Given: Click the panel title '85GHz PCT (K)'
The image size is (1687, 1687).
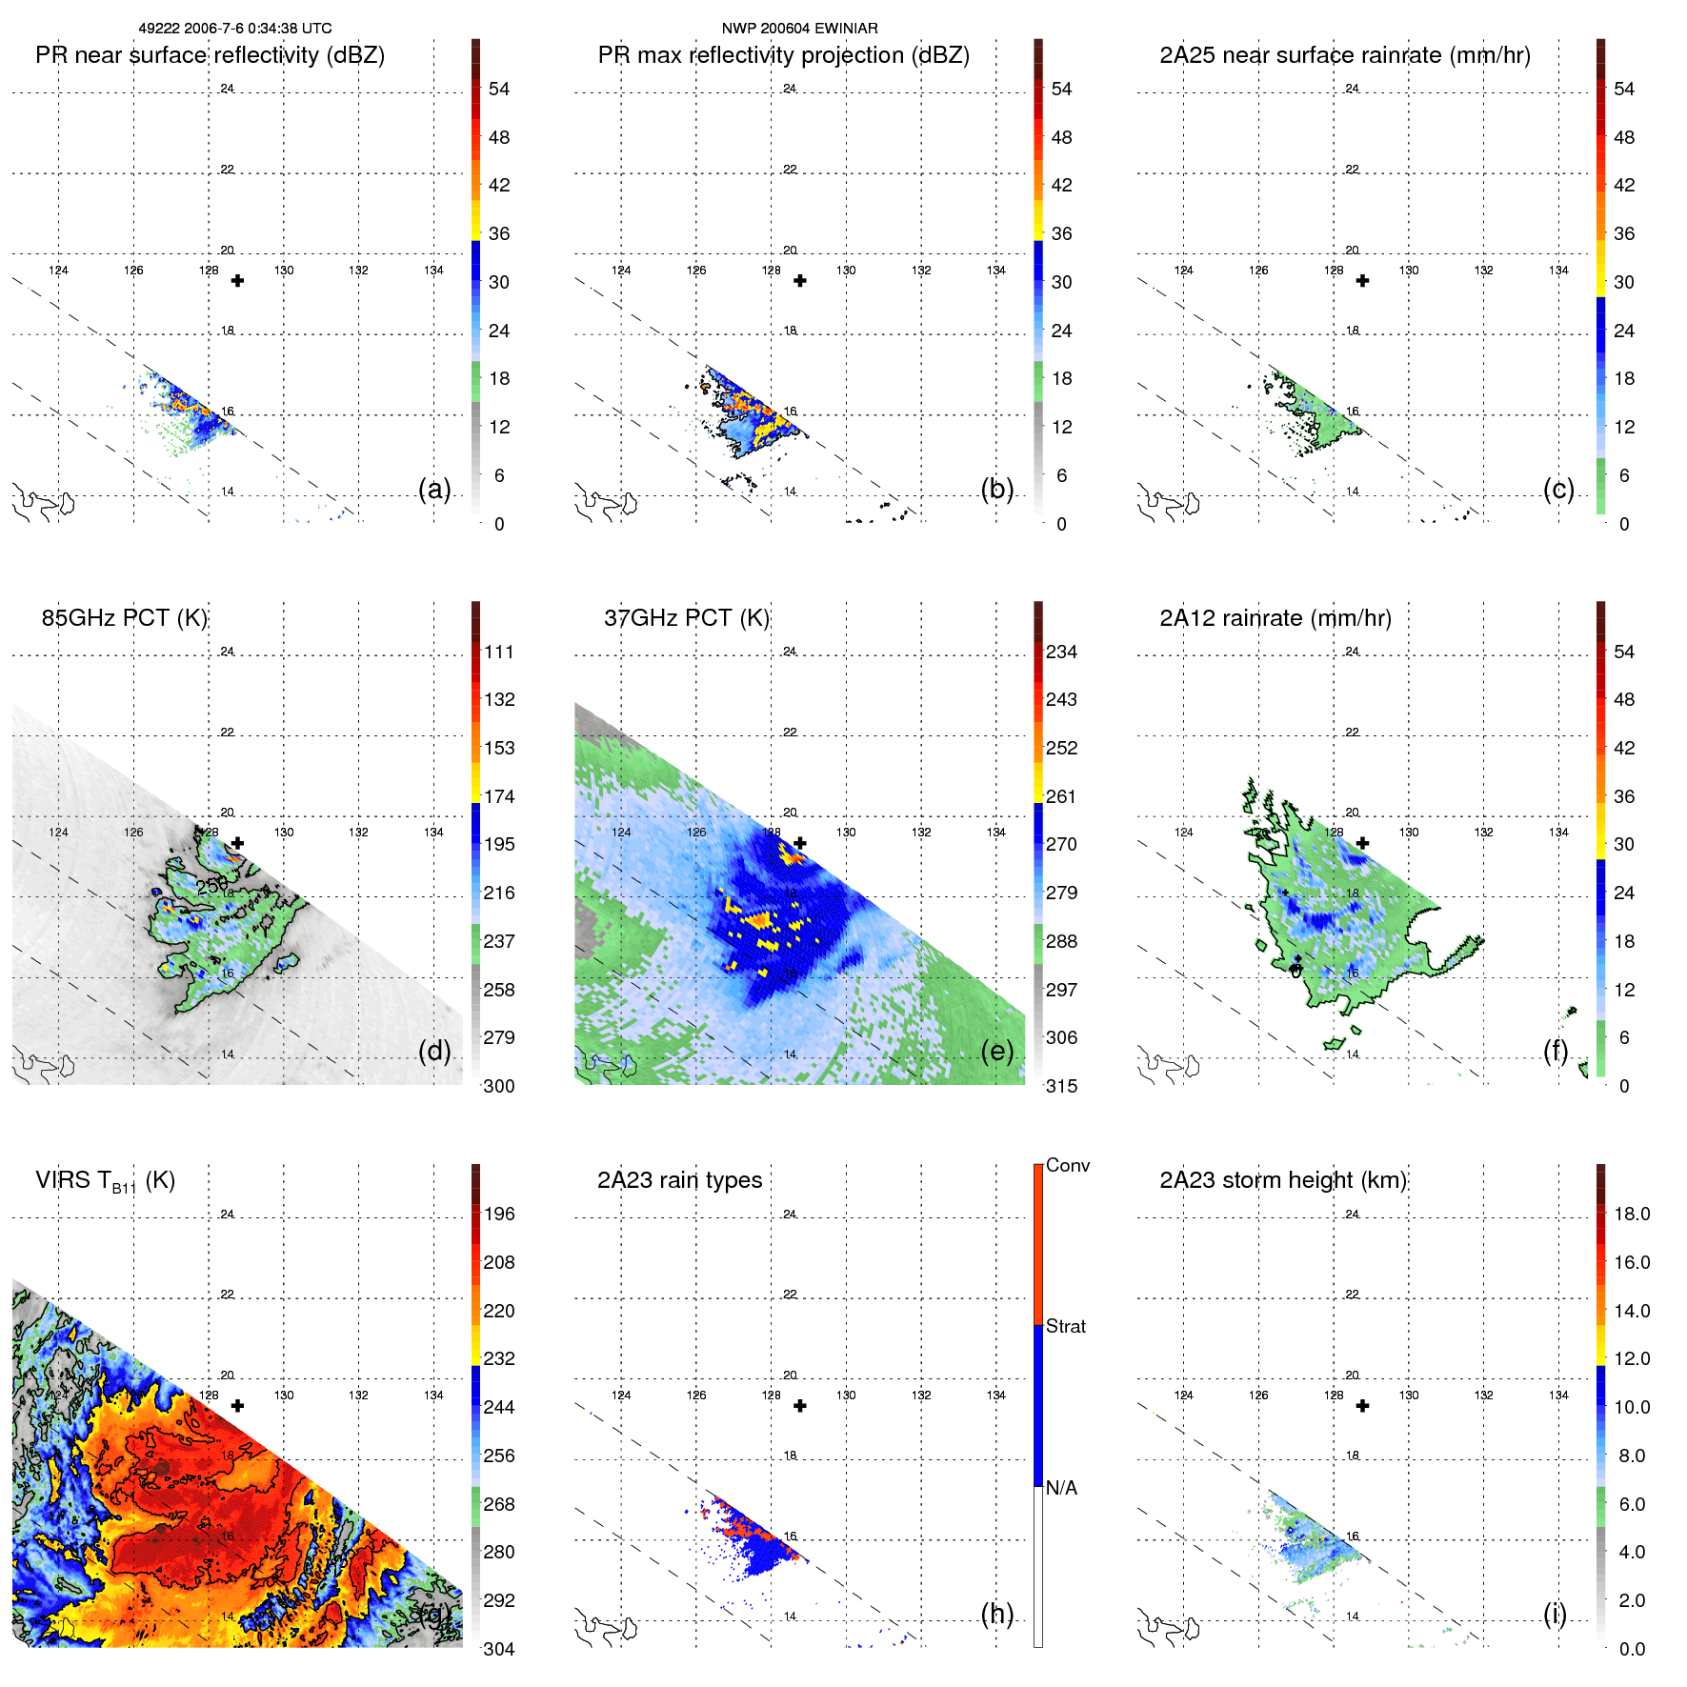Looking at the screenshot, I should (x=125, y=618).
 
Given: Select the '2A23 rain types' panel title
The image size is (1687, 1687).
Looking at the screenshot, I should (x=679, y=1180).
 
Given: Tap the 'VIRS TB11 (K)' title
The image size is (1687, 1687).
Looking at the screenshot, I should (x=105, y=1181).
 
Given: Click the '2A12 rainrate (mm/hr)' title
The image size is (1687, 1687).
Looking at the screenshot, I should (x=1275, y=618).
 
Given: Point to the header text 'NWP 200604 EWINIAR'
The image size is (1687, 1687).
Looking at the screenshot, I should (x=799, y=29).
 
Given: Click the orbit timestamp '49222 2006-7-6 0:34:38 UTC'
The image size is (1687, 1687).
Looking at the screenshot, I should (x=235, y=29).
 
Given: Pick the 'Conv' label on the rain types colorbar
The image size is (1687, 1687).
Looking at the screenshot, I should (x=1068, y=1165).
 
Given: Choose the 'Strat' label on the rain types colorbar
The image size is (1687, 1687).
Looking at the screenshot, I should (x=1066, y=1326).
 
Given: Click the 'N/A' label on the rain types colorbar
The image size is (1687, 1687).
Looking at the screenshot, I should (x=1061, y=1488).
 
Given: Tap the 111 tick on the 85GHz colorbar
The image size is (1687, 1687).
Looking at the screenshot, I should (x=499, y=652).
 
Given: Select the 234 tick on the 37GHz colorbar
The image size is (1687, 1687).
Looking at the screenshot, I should (x=1061, y=652).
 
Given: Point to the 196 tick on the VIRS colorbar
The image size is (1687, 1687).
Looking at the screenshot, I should (x=499, y=1214).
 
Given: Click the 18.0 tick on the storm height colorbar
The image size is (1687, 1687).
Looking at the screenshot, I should (x=1632, y=1214).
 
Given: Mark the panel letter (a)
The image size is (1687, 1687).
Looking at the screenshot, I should (x=434, y=489).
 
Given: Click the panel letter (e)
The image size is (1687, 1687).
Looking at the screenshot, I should (x=996, y=1051).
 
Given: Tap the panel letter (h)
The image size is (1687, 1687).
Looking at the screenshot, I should (x=996, y=1613).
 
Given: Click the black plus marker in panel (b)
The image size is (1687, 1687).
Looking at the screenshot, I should (x=800, y=281).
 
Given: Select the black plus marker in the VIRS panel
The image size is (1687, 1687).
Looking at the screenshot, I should (x=238, y=1406).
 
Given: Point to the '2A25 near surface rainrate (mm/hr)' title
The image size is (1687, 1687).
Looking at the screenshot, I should (x=1345, y=55).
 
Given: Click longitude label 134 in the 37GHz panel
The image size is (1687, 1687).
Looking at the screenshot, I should (x=996, y=833).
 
